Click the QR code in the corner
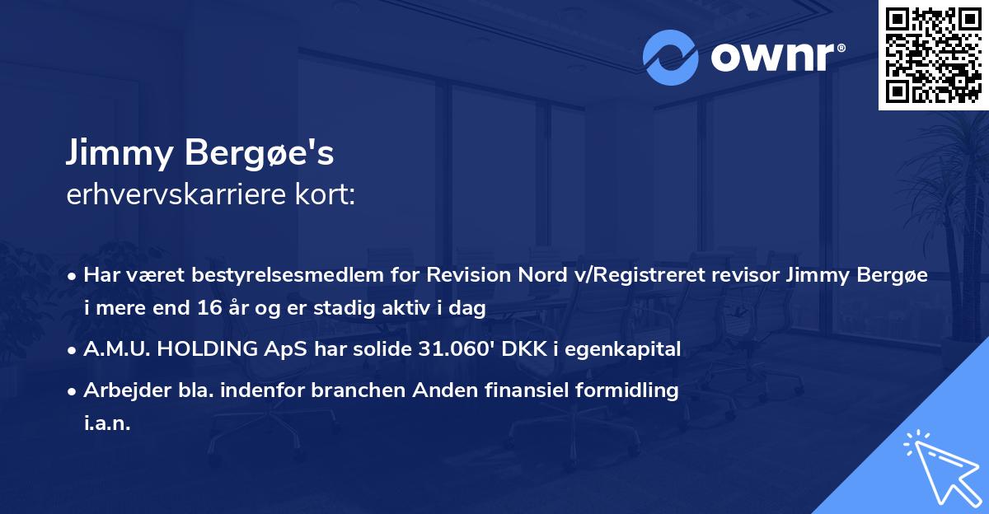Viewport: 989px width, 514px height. click(933, 54)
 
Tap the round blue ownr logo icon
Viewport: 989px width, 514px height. click(670, 57)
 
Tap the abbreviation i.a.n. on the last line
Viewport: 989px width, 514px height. click(107, 423)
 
